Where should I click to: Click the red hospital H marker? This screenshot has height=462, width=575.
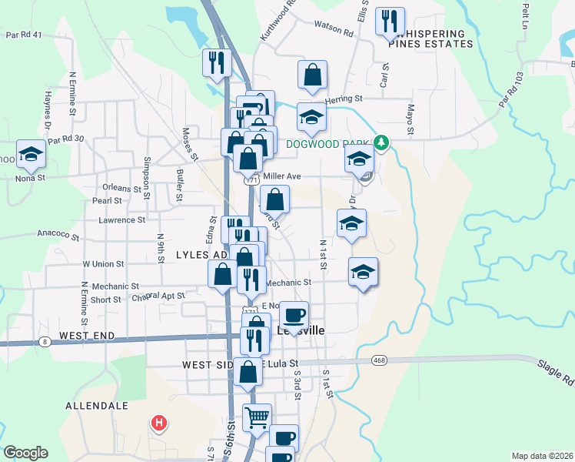tap(159, 423)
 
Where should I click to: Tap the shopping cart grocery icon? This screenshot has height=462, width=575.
tap(257, 418)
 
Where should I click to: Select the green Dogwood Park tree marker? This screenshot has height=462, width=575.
tap(380, 142)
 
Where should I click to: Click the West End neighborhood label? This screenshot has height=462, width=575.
tap(87, 336)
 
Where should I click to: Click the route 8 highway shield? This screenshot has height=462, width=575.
tap(45, 341)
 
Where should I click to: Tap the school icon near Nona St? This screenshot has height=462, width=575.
tap(31, 154)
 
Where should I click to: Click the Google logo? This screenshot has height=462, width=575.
tap(26, 453)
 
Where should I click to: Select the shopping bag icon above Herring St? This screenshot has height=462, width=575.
tap(313, 75)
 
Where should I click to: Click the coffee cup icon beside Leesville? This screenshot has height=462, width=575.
tap(293, 315)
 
